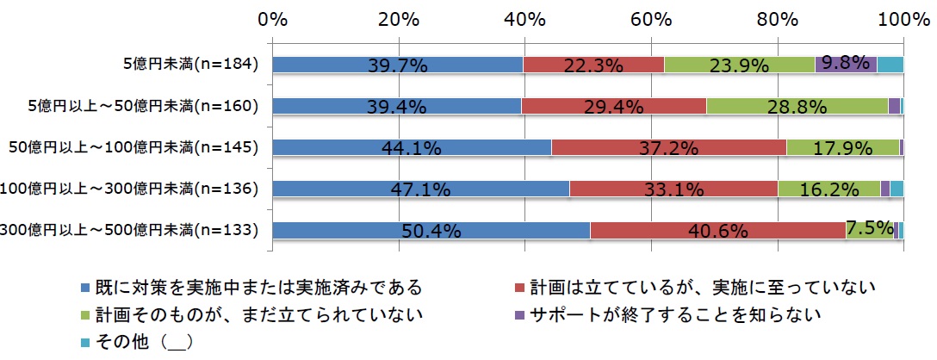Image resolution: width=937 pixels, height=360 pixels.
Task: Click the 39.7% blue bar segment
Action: pyautogui.click(x=398, y=65)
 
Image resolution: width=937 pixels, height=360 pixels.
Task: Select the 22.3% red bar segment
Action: pyautogui.click(x=593, y=65)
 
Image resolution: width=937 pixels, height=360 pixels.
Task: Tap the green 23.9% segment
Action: pyautogui.click(x=739, y=65)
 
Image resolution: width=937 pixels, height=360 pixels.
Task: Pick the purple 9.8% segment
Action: pyautogui.click(x=846, y=65)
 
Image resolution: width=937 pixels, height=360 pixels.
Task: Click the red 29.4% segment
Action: pyautogui.click(x=613, y=106)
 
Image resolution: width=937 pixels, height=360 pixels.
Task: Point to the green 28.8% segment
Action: pyautogui.click(x=797, y=106)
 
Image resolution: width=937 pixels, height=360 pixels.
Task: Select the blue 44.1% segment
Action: pyautogui.click(x=412, y=147)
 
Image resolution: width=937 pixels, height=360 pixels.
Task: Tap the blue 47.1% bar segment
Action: pyautogui.click(x=421, y=189)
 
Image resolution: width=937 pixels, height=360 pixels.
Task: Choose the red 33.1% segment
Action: pyautogui.click(x=673, y=189)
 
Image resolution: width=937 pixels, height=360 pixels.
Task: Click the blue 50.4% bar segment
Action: pyautogui.click(x=431, y=230)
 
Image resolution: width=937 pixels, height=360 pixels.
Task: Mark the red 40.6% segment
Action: pyautogui.click(x=717, y=230)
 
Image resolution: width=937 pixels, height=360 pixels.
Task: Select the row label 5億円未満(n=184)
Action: pyautogui.click(x=194, y=65)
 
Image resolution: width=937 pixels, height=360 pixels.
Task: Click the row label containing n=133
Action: pyautogui.click(x=130, y=230)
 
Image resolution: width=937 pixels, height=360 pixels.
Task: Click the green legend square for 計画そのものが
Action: pyautogui.click(x=84, y=313)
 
